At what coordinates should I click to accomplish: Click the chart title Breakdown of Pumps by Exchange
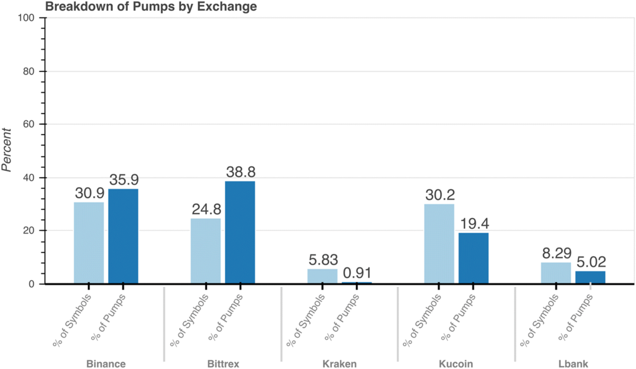(x=151, y=7)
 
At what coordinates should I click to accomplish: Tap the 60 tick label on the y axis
(x=29, y=124)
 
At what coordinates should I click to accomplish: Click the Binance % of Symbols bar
(x=89, y=243)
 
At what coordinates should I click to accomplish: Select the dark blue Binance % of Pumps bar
(x=123, y=236)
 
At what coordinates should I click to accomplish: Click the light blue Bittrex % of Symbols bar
(x=206, y=251)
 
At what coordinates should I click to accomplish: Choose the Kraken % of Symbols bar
(x=322, y=276)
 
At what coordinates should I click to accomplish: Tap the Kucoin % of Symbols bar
(x=439, y=244)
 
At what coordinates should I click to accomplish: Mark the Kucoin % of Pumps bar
(x=474, y=258)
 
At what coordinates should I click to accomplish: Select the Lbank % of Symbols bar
(x=556, y=273)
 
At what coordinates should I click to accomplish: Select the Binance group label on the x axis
(x=106, y=364)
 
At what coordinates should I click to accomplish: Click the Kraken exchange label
(x=340, y=364)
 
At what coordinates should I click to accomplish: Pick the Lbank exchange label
(x=573, y=364)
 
